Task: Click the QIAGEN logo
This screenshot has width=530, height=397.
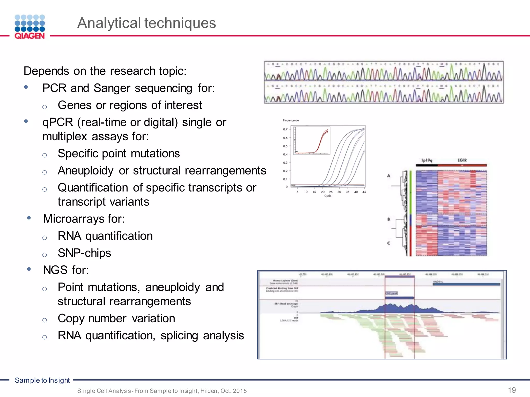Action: click(30, 27)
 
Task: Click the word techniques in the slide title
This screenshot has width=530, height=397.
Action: click(180, 23)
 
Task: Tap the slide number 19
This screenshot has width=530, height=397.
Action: click(512, 390)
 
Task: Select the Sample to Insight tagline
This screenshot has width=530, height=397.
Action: click(42, 380)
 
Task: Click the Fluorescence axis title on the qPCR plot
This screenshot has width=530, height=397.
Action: click(291, 120)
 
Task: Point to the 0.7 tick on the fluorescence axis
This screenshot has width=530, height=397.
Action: click(285, 129)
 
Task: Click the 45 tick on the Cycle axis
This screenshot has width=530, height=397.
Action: click(364, 192)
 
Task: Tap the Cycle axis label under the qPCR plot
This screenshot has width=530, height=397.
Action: click(328, 196)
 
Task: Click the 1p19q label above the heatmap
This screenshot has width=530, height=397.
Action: click(426, 160)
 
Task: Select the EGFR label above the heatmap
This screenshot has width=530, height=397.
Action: click(462, 160)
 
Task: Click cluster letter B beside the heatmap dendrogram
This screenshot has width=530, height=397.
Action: click(388, 219)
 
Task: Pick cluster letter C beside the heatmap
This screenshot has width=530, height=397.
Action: click(388, 243)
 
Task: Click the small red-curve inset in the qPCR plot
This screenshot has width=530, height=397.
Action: click(312, 141)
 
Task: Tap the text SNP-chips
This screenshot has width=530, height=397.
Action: click(84, 253)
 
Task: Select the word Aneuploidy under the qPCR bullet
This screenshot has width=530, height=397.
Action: click(85, 171)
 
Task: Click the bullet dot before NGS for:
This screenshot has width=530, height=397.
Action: click(29, 269)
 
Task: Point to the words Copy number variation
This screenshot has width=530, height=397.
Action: click(116, 318)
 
